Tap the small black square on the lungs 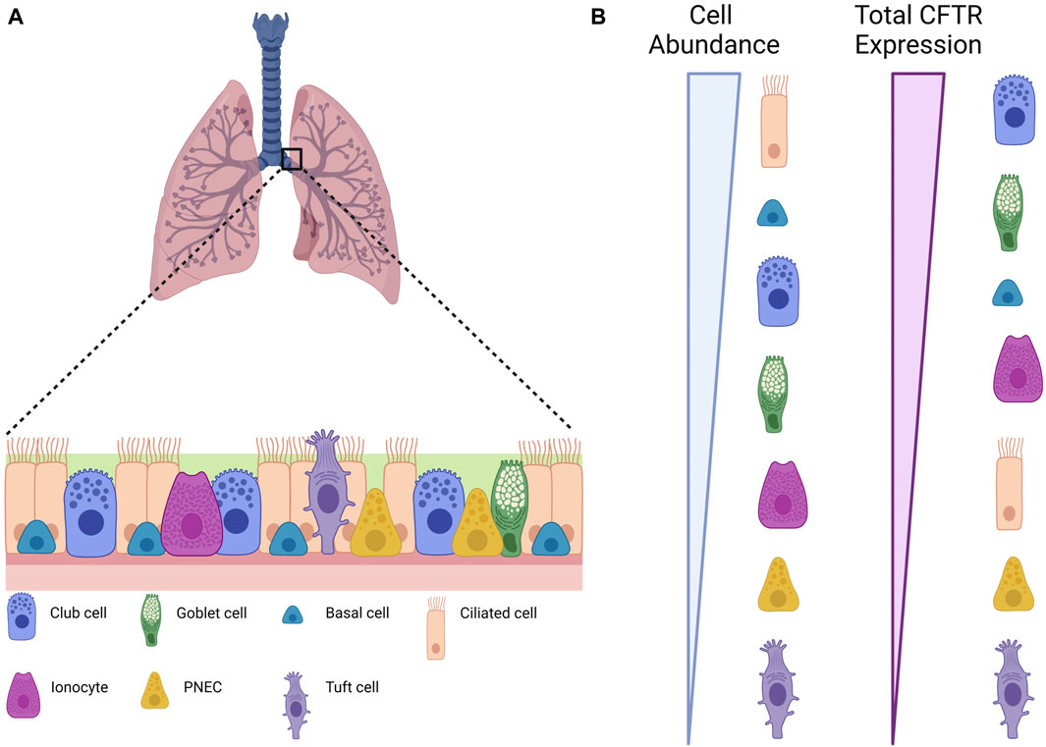pyautogui.click(x=291, y=158)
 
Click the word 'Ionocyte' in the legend pyautogui.click(x=78, y=687)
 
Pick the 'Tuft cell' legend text pyautogui.click(x=350, y=687)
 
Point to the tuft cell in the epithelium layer pyautogui.click(x=326, y=491)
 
